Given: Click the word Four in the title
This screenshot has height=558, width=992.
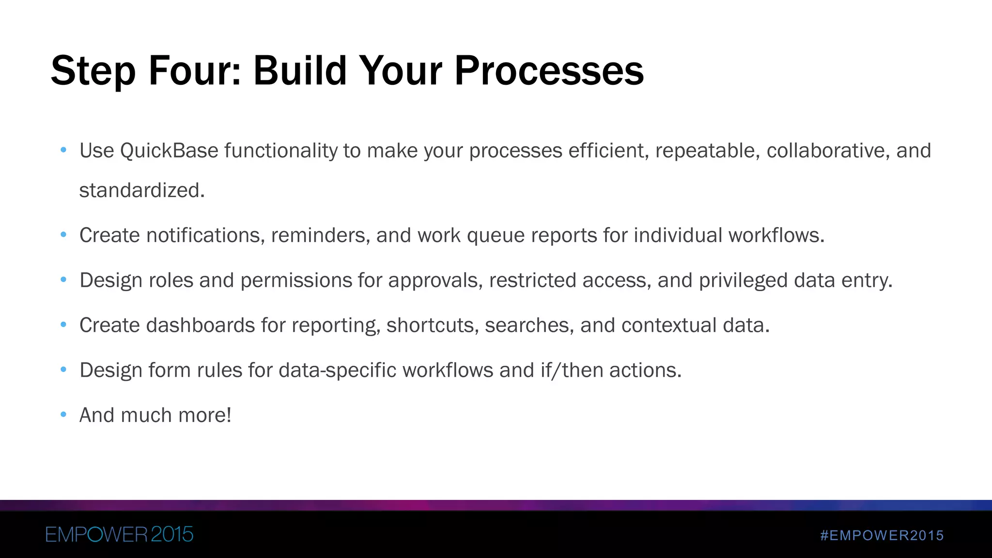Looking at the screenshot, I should click(x=194, y=71).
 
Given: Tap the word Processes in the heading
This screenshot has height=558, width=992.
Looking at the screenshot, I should click(x=549, y=71).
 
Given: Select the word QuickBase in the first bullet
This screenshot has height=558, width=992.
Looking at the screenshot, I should click(x=169, y=151).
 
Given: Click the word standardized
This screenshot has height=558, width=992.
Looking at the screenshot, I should click(x=141, y=190).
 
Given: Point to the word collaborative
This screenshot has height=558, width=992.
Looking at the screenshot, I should click(x=828, y=151).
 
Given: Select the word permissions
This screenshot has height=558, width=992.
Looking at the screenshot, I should click(x=296, y=280).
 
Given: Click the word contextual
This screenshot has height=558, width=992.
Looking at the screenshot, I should click(x=669, y=325).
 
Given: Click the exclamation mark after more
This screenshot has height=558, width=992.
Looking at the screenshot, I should click(x=229, y=415).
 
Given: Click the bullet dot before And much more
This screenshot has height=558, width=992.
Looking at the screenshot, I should click(x=63, y=415).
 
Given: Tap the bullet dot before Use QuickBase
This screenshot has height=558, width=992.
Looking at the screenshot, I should click(x=63, y=150).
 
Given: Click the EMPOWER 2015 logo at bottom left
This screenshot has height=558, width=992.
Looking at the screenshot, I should click(x=119, y=534).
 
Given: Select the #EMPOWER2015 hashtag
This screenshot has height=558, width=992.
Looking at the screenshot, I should click(x=882, y=535).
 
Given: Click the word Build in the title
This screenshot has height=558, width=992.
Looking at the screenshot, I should click(x=300, y=71).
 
